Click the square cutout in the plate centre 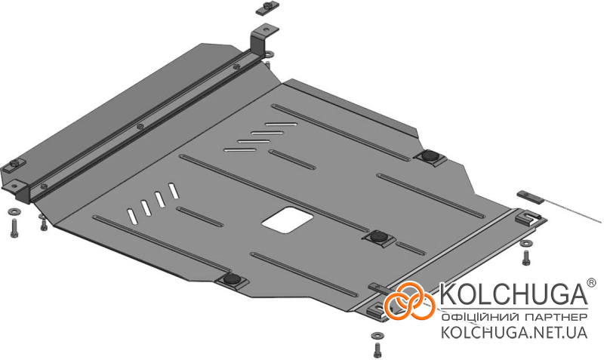tap(288, 220)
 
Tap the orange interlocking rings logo tap(409, 300)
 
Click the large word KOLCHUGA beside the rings tap(513, 294)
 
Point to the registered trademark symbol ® tap(591, 282)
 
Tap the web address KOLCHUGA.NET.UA tap(514, 332)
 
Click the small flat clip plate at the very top tap(267, 8)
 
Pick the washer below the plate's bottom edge tap(376, 335)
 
